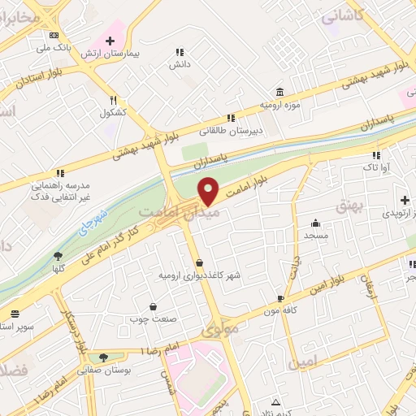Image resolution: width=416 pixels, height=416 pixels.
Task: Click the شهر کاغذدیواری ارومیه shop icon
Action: pos(200,262)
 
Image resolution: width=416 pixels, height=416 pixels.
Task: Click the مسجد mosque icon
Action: pos(315,223)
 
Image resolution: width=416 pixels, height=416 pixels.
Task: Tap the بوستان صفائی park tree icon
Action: pos(102,357)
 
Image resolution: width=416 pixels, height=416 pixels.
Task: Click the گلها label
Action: pos(58,267)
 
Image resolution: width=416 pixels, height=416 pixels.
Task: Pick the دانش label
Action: pos(178,65)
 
